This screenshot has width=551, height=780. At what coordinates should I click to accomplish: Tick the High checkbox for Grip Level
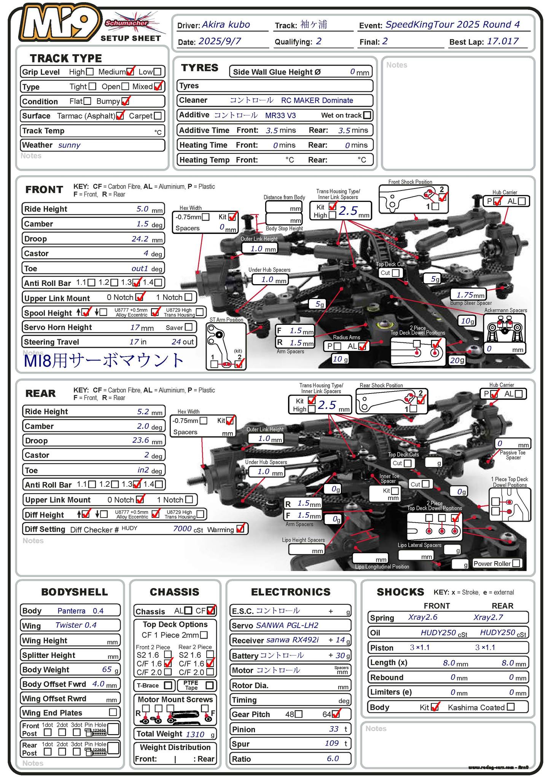[x=90, y=72]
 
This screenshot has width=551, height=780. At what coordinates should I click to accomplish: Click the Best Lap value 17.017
[x=502, y=41]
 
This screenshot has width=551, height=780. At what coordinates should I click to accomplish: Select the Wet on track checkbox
[x=367, y=115]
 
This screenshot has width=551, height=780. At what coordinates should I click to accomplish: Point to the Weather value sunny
[x=69, y=145]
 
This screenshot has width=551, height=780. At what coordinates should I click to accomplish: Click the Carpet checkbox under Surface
[x=158, y=116]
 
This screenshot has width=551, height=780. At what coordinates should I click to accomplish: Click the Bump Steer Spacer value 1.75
[x=465, y=295]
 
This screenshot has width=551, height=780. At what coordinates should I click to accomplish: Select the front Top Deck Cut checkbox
[x=396, y=273]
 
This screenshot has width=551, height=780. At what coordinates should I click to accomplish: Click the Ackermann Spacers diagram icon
[x=505, y=328]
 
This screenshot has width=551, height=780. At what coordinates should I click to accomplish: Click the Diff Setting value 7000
[x=182, y=529]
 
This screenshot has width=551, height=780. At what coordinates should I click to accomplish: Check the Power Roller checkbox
[x=516, y=563]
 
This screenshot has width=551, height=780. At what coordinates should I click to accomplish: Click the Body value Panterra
[x=72, y=611]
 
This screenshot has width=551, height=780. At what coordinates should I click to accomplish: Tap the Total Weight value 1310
[x=195, y=734]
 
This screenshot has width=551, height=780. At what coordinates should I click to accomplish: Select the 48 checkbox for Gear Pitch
[x=299, y=714]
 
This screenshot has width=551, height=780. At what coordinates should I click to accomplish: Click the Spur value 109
[x=332, y=743]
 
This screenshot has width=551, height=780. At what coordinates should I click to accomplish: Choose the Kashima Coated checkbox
[x=511, y=707]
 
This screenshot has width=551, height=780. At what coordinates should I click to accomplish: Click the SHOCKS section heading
[x=400, y=592]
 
